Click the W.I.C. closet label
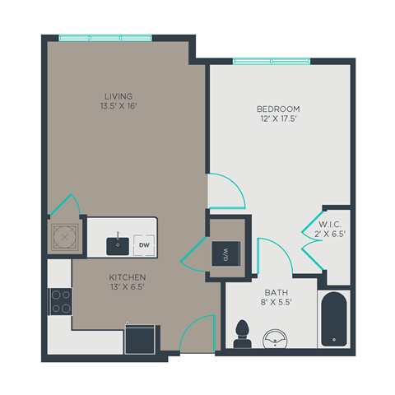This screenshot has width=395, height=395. tap(330, 225)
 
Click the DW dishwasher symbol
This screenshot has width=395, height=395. tap(143, 244)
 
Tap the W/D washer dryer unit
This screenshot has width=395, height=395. tap(224, 252)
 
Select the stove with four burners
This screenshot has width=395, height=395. tap(61, 302)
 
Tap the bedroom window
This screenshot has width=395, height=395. tap(272, 61)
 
